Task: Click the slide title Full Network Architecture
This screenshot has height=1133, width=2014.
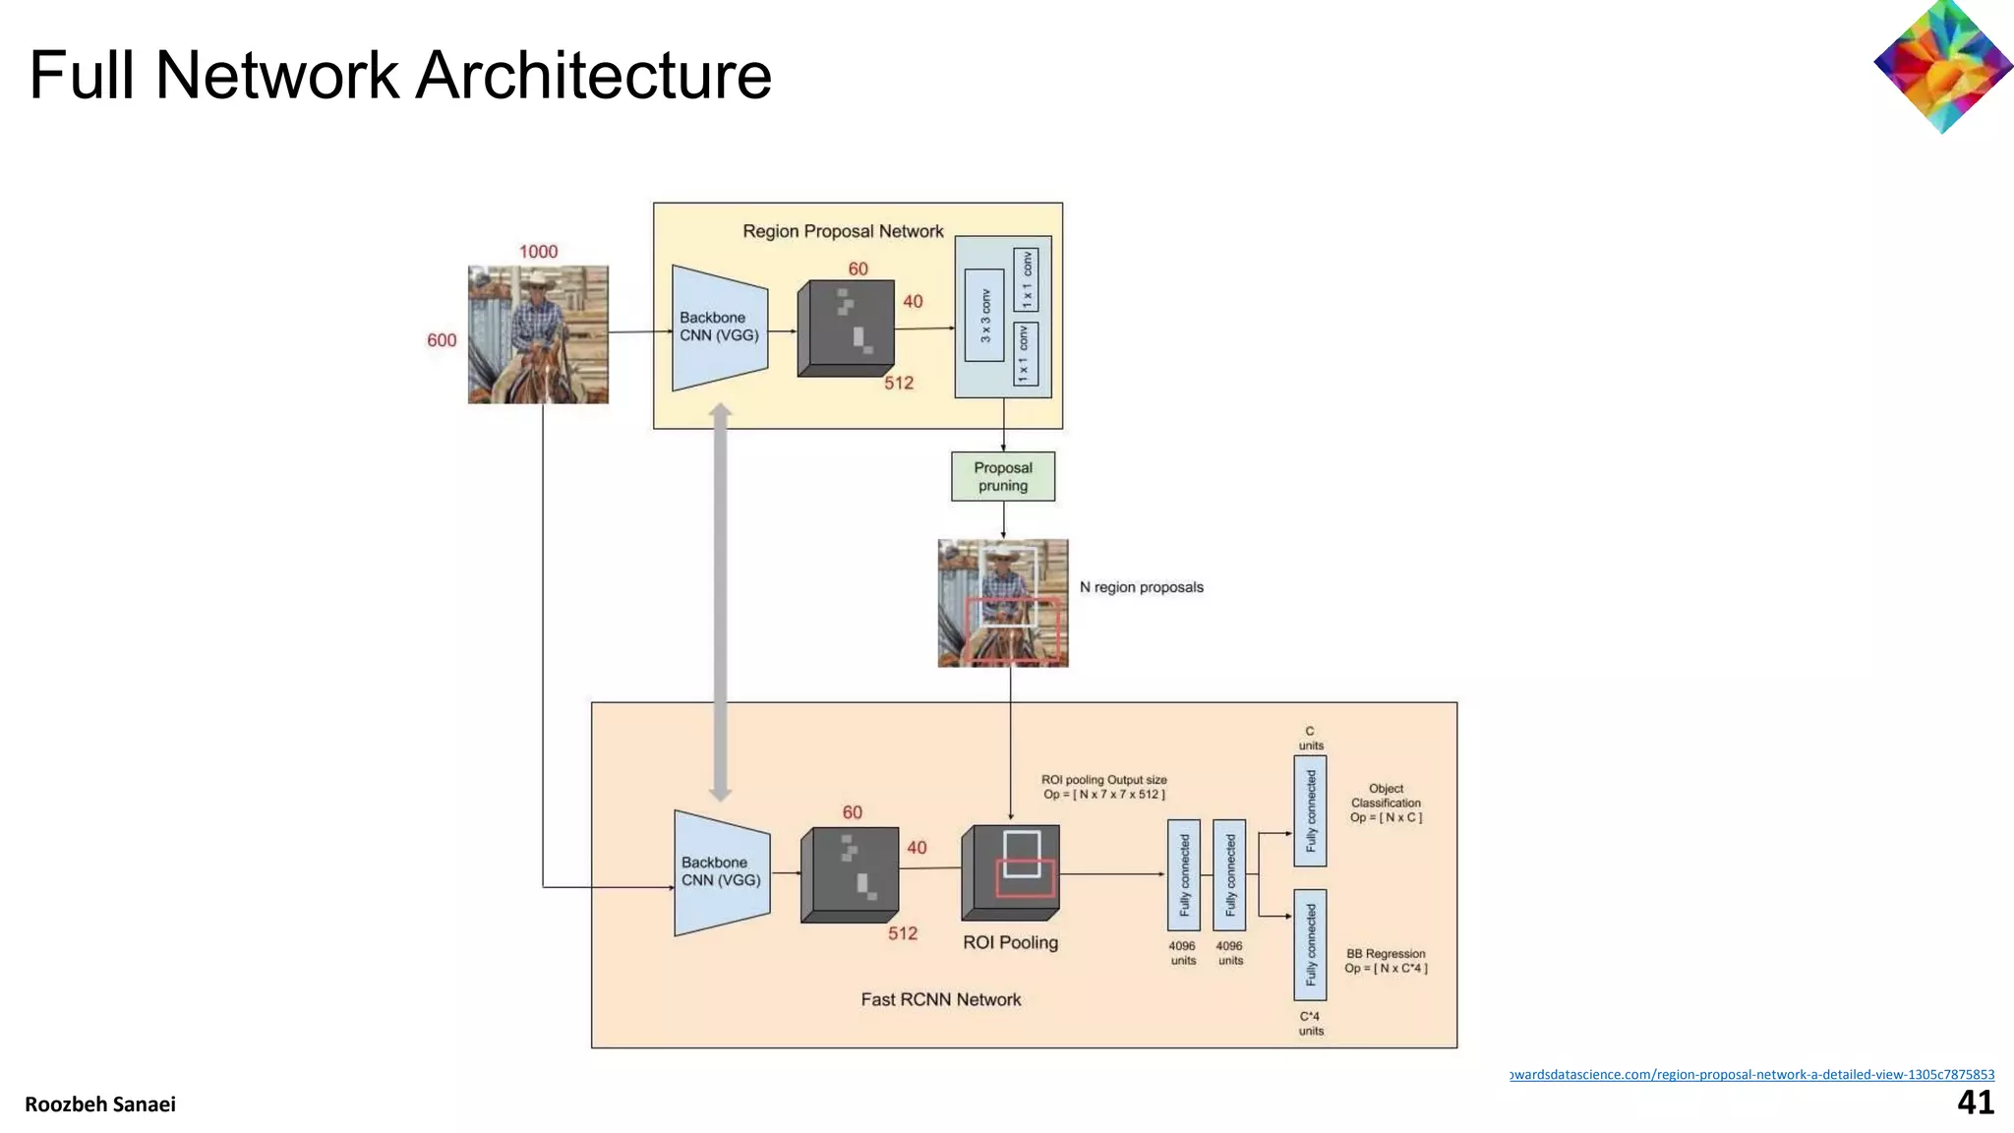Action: (399, 76)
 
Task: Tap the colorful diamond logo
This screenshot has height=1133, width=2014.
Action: (1942, 67)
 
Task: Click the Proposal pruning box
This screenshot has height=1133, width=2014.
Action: (1002, 477)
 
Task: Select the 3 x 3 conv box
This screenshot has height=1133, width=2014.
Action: (984, 315)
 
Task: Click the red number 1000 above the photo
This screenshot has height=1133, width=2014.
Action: (538, 252)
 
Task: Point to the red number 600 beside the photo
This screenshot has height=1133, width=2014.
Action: (442, 340)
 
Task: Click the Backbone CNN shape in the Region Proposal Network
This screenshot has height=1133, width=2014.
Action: (719, 328)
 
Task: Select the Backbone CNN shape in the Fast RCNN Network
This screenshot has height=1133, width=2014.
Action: (721, 872)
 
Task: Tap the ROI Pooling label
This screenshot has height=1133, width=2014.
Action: (1010, 942)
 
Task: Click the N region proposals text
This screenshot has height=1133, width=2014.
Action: (1141, 587)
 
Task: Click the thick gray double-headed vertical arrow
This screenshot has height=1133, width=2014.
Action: (720, 602)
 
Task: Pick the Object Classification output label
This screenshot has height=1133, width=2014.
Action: (1385, 803)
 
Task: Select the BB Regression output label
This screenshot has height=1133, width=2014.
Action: (1385, 961)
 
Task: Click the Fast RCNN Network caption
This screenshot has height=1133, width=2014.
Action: (940, 999)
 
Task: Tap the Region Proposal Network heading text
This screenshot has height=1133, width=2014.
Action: (843, 231)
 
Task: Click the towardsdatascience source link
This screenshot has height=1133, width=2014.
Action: (1751, 1074)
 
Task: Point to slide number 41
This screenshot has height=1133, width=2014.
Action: (1975, 1103)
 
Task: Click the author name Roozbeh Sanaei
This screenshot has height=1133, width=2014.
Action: (100, 1104)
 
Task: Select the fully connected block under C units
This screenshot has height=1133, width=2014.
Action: (1309, 811)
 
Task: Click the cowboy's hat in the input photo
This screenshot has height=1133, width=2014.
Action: (536, 280)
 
